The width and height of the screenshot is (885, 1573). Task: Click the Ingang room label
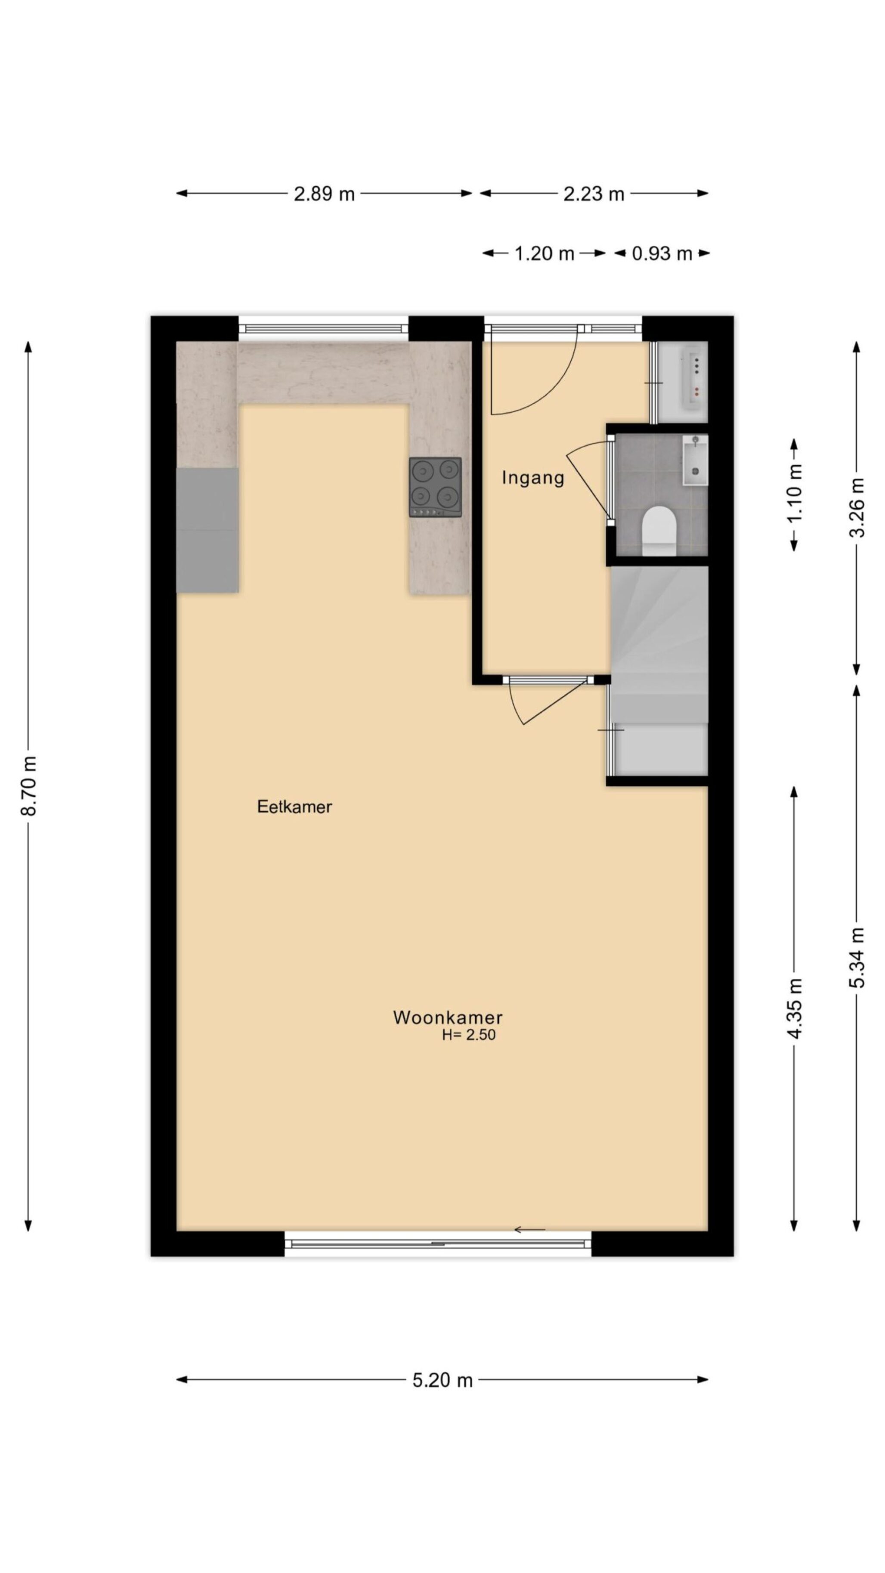(532, 478)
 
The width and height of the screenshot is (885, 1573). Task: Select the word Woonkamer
(448, 1017)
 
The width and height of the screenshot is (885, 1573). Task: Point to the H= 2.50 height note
(468, 1035)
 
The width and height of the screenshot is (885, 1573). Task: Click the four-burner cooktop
(435, 487)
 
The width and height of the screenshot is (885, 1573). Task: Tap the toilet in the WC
(659, 531)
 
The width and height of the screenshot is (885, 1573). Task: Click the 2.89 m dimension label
(324, 194)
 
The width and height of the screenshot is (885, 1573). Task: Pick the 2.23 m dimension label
(594, 194)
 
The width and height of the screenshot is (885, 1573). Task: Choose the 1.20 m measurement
(544, 253)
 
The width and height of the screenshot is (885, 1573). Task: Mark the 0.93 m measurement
(662, 253)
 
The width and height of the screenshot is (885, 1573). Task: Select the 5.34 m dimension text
(857, 958)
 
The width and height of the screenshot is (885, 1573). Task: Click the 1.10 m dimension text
(795, 494)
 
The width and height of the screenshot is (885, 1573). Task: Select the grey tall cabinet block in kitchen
(207, 530)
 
